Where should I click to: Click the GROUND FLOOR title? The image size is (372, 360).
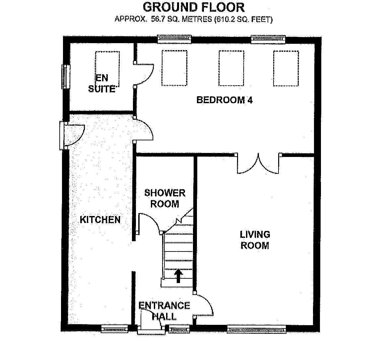pyautogui.click(x=194, y=7)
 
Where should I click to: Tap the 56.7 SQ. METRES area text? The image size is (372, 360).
pyautogui.click(x=181, y=19)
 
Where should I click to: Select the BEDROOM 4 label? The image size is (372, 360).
pyautogui.click(x=224, y=100)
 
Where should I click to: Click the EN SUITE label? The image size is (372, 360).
pyautogui.click(x=102, y=83)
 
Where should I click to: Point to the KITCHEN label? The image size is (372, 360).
pyautogui.click(x=100, y=220)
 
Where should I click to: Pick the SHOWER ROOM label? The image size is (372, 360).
pyautogui.click(x=165, y=198)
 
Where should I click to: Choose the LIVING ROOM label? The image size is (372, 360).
pyautogui.click(x=255, y=240)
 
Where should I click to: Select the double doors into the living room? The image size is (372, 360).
pyautogui.click(x=258, y=164)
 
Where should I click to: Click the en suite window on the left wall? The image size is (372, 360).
pyautogui.click(x=66, y=77)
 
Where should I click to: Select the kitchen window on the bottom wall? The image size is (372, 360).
pyautogui.click(x=114, y=329)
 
